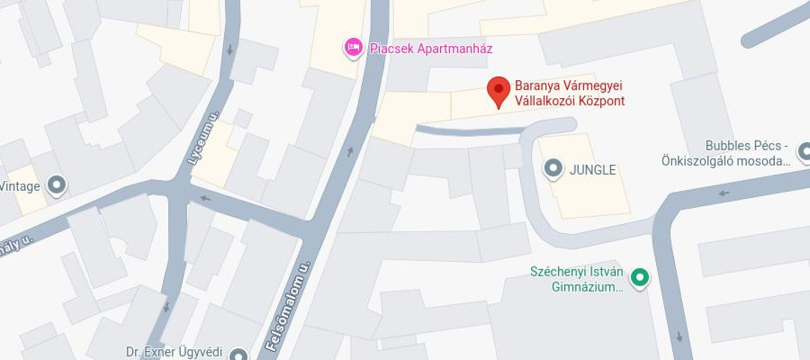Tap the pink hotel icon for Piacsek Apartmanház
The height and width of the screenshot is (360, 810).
(x=354, y=47)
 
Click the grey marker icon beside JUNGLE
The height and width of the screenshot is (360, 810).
(x=553, y=168)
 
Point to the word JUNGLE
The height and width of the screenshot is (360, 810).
(x=593, y=169)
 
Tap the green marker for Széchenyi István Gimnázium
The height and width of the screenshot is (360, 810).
(x=640, y=279)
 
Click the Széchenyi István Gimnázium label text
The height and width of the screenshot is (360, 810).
(x=576, y=279)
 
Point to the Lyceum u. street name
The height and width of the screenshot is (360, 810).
(x=203, y=138)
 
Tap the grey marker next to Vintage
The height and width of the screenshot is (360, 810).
(x=57, y=186)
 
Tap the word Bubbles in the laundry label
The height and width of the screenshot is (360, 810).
(x=729, y=146)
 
